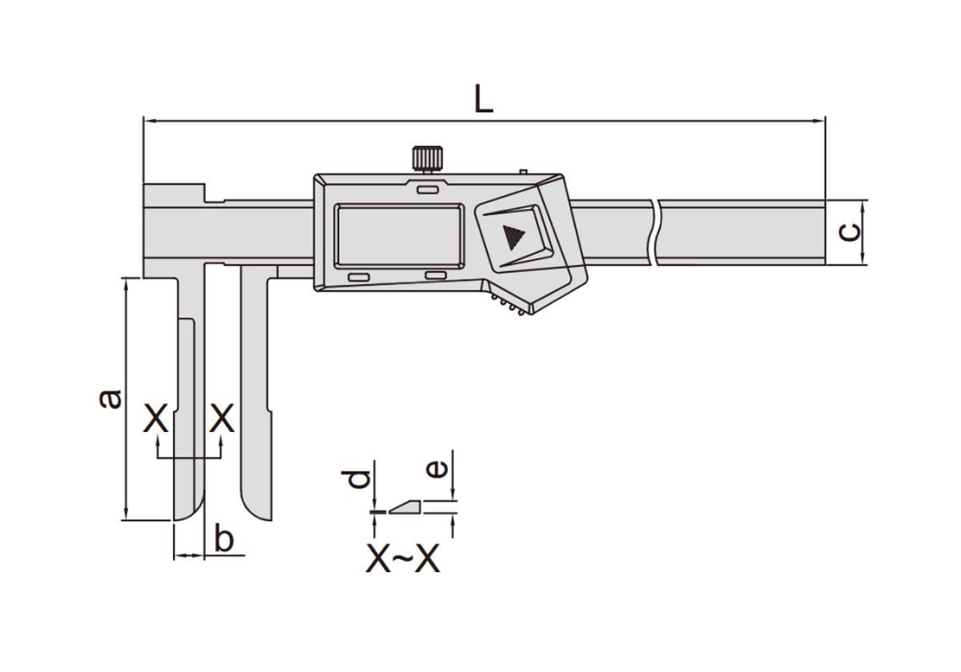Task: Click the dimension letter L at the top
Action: click(484, 99)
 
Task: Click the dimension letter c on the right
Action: click(850, 232)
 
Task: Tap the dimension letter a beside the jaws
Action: click(111, 398)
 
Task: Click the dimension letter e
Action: click(436, 469)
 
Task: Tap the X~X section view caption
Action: click(403, 558)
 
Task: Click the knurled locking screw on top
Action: click(428, 158)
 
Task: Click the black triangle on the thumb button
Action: click(513, 237)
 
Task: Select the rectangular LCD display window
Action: click(399, 236)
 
